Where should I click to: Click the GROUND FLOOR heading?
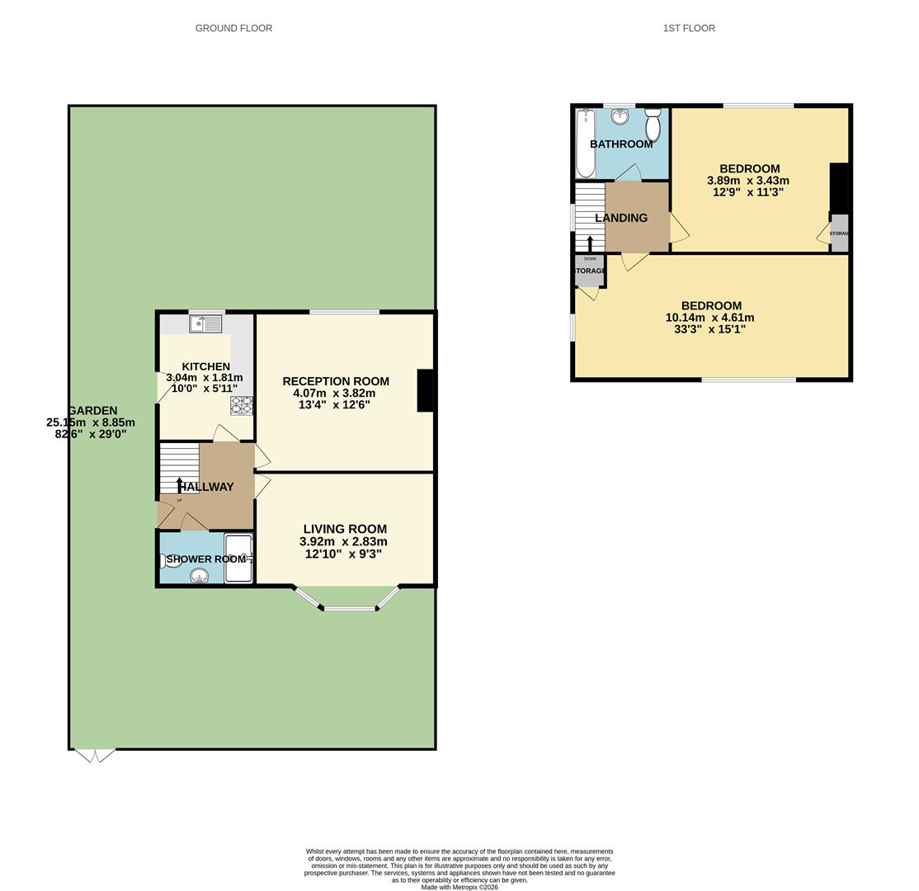(x=233, y=28)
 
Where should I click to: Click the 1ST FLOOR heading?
(x=689, y=28)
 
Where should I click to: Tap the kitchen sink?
(x=205, y=323)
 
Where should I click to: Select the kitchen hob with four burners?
(x=242, y=405)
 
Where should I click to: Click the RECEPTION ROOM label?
(x=336, y=381)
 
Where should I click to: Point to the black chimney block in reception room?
(x=425, y=390)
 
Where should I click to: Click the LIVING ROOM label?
(x=345, y=529)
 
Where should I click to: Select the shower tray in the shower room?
(x=238, y=559)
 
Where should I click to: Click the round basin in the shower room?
(x=199, y=576)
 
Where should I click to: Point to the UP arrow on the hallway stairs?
(x=180, y=484)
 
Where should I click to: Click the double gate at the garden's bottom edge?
(x=95, y=754)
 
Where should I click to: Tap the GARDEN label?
(x=92, y=411)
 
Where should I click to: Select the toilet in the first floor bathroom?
(x=653, y=126)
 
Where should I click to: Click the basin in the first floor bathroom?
(x=620, y=116)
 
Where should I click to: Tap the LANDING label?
(x=621, y=218)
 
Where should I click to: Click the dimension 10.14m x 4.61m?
(x=709, y=318)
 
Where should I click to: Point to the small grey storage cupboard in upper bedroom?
(x=838, y=233)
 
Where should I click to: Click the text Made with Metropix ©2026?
(x=459, y=887)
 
